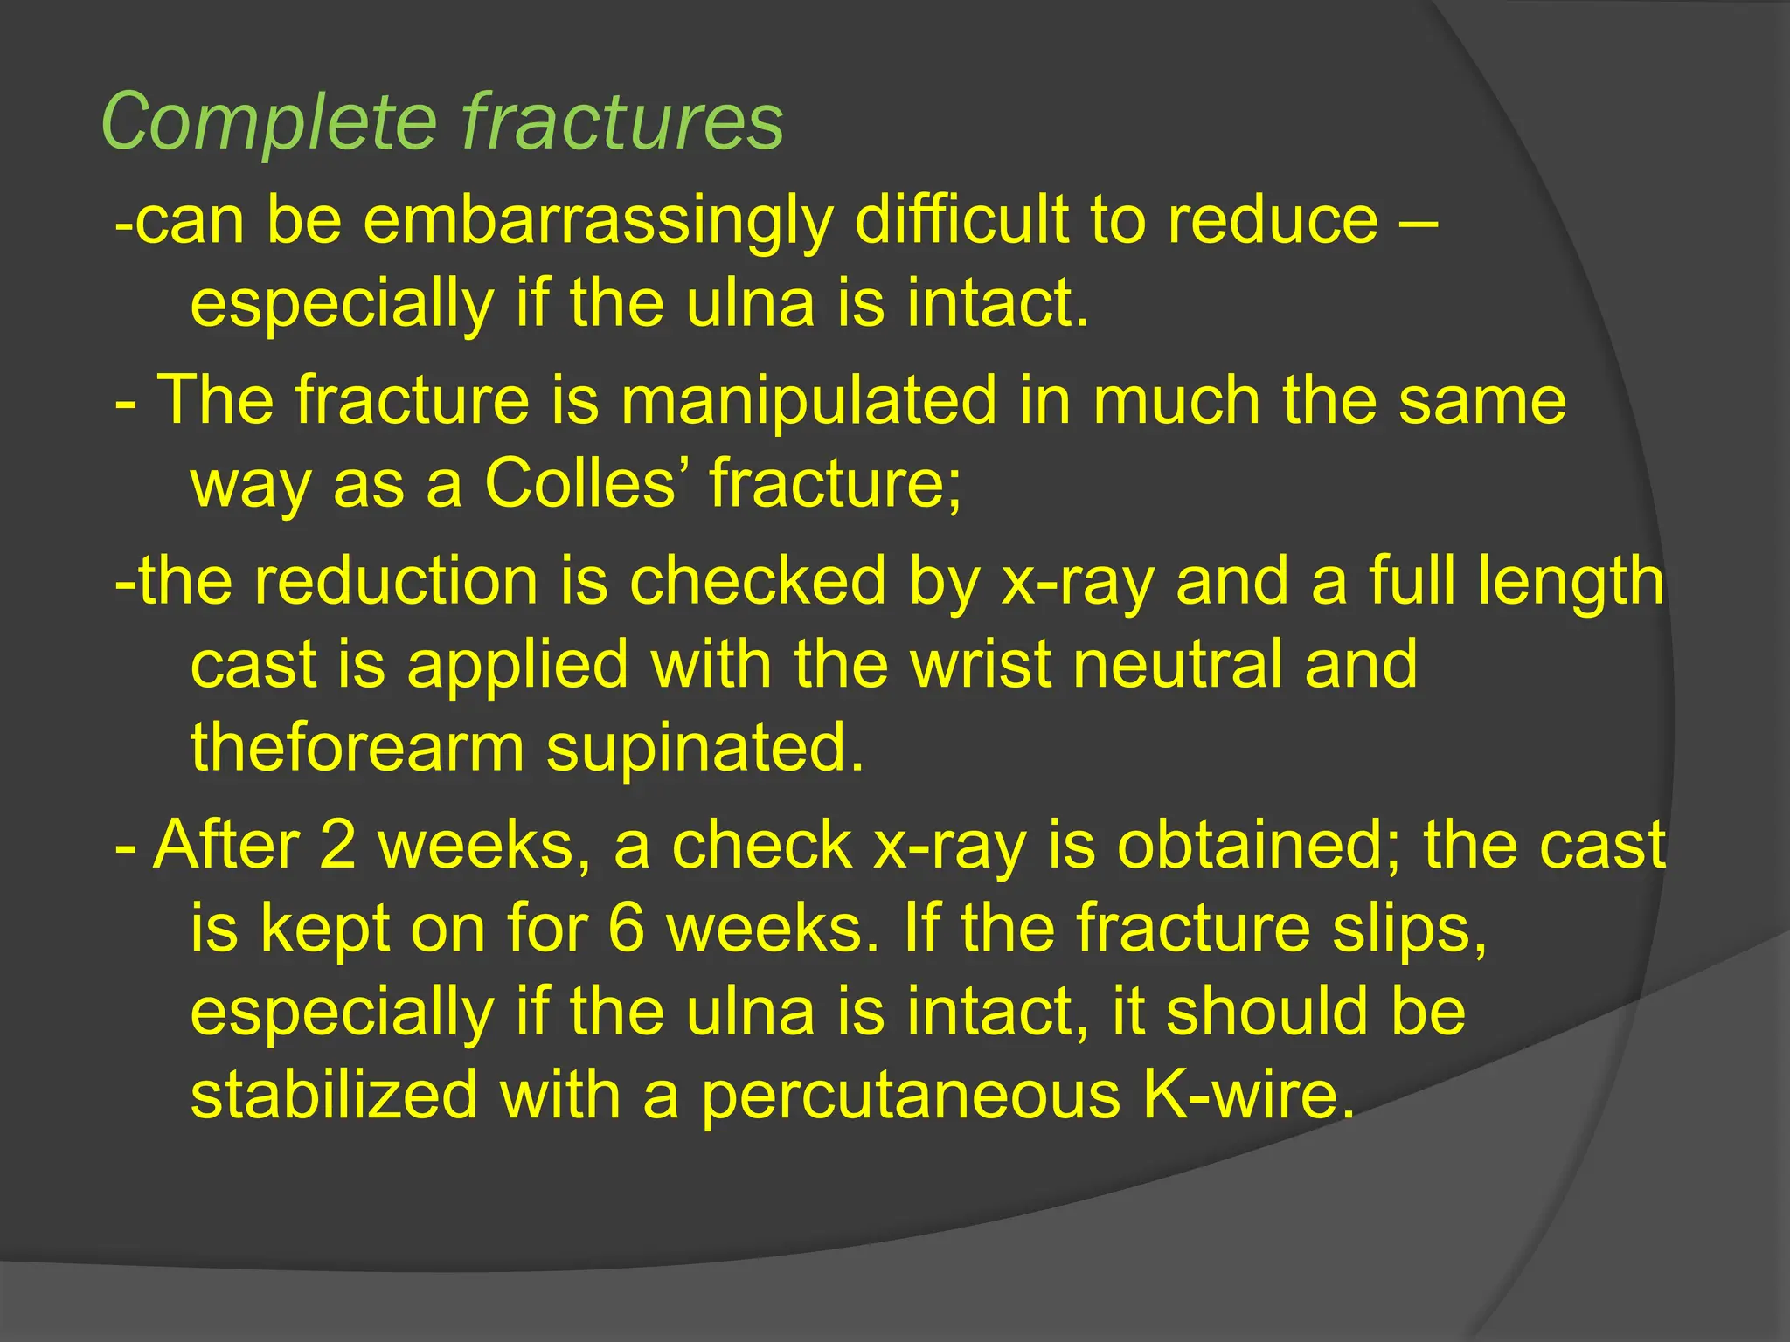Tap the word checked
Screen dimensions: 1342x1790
point(757,581)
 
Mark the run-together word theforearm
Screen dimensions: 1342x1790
point(357,748)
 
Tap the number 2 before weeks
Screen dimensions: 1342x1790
point(337,845)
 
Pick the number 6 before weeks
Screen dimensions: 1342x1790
point(626,928)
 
